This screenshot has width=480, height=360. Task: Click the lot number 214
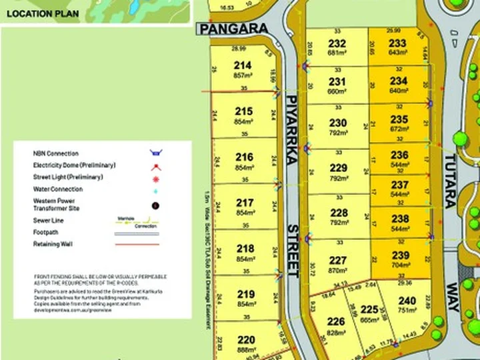click(243, 65)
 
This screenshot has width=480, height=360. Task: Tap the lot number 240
click(407, 301)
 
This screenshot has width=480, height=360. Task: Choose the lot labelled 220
click(245, 339)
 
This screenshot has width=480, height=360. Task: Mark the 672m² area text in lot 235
click(398, 129)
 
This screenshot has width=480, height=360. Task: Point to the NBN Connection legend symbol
click(155, 153)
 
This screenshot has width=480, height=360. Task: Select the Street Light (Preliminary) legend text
click(68, 177)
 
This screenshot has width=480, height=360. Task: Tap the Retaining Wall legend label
click(53, 244)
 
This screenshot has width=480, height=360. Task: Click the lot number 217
click(245, 203)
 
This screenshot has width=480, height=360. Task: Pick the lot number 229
click(339, 168)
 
